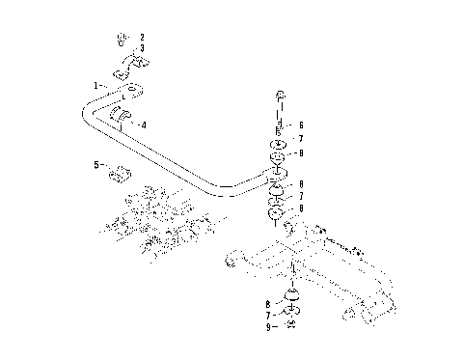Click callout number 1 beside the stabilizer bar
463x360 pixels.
(x=95, y=86)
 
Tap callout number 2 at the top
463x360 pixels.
(x=143, y=37)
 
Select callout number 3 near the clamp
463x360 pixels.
(x=143, y=48)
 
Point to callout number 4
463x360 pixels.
(x=144, y=125)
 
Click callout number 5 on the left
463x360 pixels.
(x=96, y=165)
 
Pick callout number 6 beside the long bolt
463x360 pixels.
(x=301, y=125)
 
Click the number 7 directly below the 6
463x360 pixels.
(x=301, y=139)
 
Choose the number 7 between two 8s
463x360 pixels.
(x=301, y=196)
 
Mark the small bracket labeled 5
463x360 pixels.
(x=121, y=175)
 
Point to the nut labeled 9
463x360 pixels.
(x=290, y=325)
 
